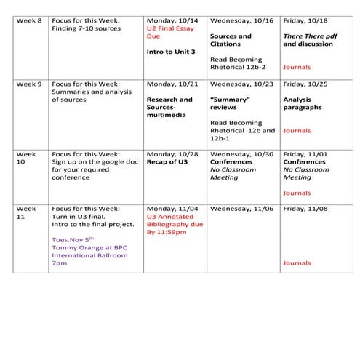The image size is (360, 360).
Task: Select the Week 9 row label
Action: tap(27, 84)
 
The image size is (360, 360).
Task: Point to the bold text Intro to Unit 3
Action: tap(172, 53)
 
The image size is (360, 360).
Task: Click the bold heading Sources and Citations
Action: tap(231, 40)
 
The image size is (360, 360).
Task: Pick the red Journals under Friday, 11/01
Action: tap(297, 193)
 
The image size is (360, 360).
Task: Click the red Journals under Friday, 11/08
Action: tap(297, 263)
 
